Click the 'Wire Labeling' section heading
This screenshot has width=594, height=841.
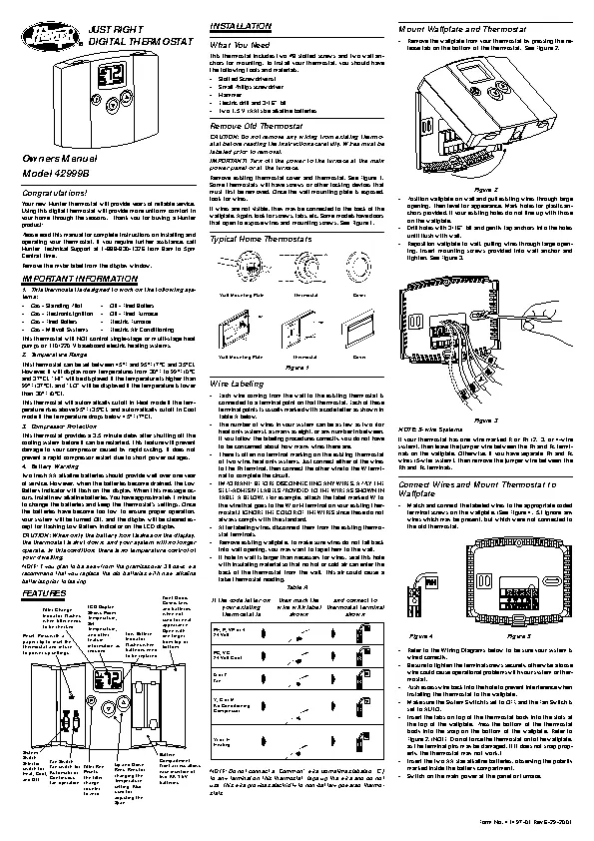tap(232, 382)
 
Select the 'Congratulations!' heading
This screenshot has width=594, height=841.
tap(54, 191)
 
